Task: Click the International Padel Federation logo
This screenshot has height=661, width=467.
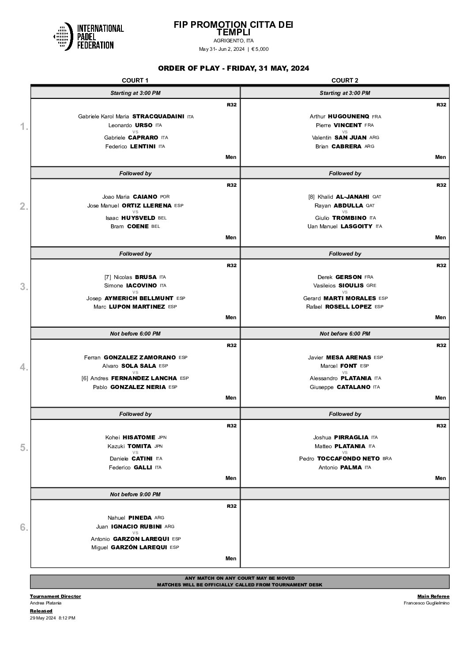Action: (x=88, y=37)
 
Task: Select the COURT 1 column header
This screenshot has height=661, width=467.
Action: (x=135, y=80)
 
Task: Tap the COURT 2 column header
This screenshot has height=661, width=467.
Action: (x=345, y=80)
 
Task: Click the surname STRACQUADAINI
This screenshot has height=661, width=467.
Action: (x=158, y=117)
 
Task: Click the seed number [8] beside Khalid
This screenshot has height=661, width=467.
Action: (x=311, y=197)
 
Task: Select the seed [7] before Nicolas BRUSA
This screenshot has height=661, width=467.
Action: (x=108, y=277)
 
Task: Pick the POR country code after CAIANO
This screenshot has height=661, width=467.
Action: (x=165, y=197)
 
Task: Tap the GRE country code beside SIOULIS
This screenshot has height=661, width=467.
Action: (x=371, y=286)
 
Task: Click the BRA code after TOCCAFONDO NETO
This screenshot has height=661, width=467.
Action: (x=387, y=459)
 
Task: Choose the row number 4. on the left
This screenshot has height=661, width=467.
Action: (x=24, y=367)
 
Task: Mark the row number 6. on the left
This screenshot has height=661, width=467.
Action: (x=24, y=528)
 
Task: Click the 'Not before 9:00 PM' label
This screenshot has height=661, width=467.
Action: (x=135, y=495)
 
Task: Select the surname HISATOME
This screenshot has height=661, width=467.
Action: (x=139, y=438)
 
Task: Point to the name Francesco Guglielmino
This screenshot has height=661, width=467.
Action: (x=426, y=603)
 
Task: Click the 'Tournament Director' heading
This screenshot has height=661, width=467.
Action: (x=55, y=596)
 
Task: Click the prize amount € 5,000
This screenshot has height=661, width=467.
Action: (x=260, y=49)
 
